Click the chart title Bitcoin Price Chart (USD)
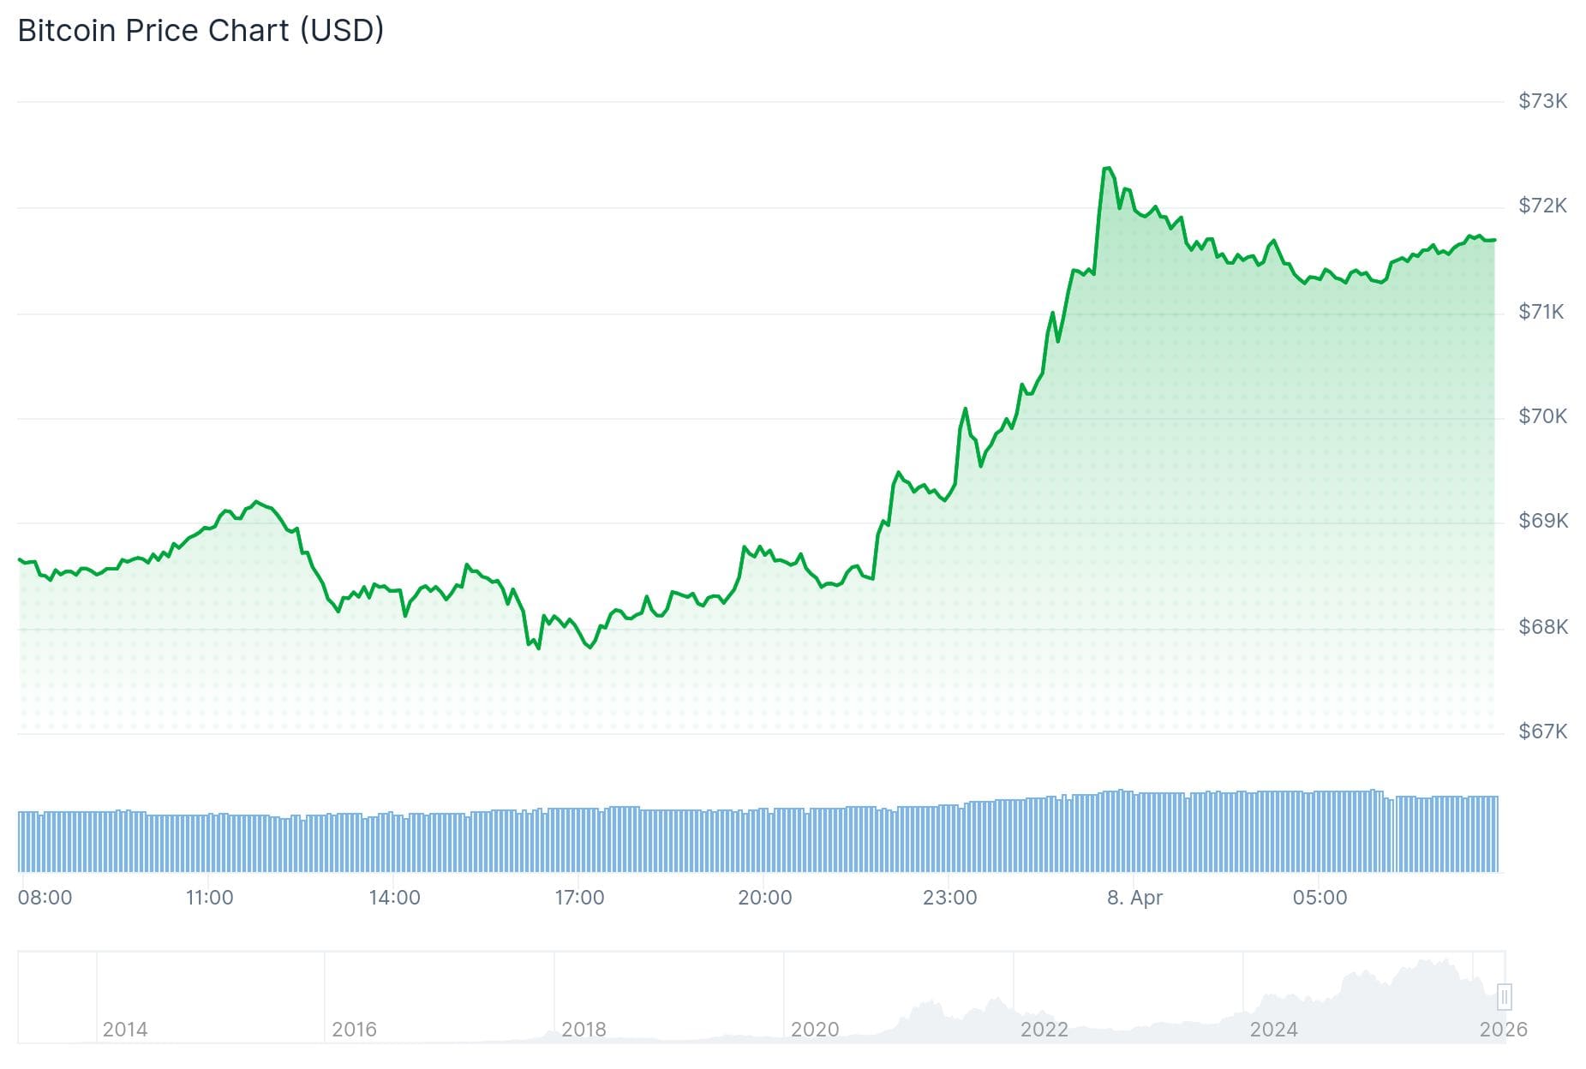pyautogui.click(x=200, y=31)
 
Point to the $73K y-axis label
pyautogui.click(x=1542, y=101)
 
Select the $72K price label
pyautogui.click(x=1542, y=206)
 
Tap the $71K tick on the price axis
pyautogui.click(x=1541, y=312)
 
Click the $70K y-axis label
pyautogui.click(x=1542, y=416)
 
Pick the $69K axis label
pyautogui.click(x=1542, y=521)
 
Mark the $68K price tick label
pyautogui.click(x=1542, y=627)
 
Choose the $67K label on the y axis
pyautogui.click(x=1542, y=732)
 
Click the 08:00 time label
pyautogui.click(x=45, y=898)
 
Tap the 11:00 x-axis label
pyautogui.click(x=209, y=898)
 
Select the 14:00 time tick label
pyautogui.click(x=394, y=898)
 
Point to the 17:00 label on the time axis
pyautogui.click(x=579, y=898)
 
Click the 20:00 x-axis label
pyautogui.click(x=764, y=898)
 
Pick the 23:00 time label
pyautogui.click(x=949, y=898)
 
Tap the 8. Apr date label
pyautogui.click(x=1134, y=898)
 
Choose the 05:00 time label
pyautogui.click(x=1320, y=898)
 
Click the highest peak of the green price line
pyautogui.click(x=1107, y=168)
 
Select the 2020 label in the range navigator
pyautogui.click(x=814, y=1029)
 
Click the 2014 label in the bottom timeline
pyautogui.click(x=125, y=1029)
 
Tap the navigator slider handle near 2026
pyautogui.click(x=1504, y=997)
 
